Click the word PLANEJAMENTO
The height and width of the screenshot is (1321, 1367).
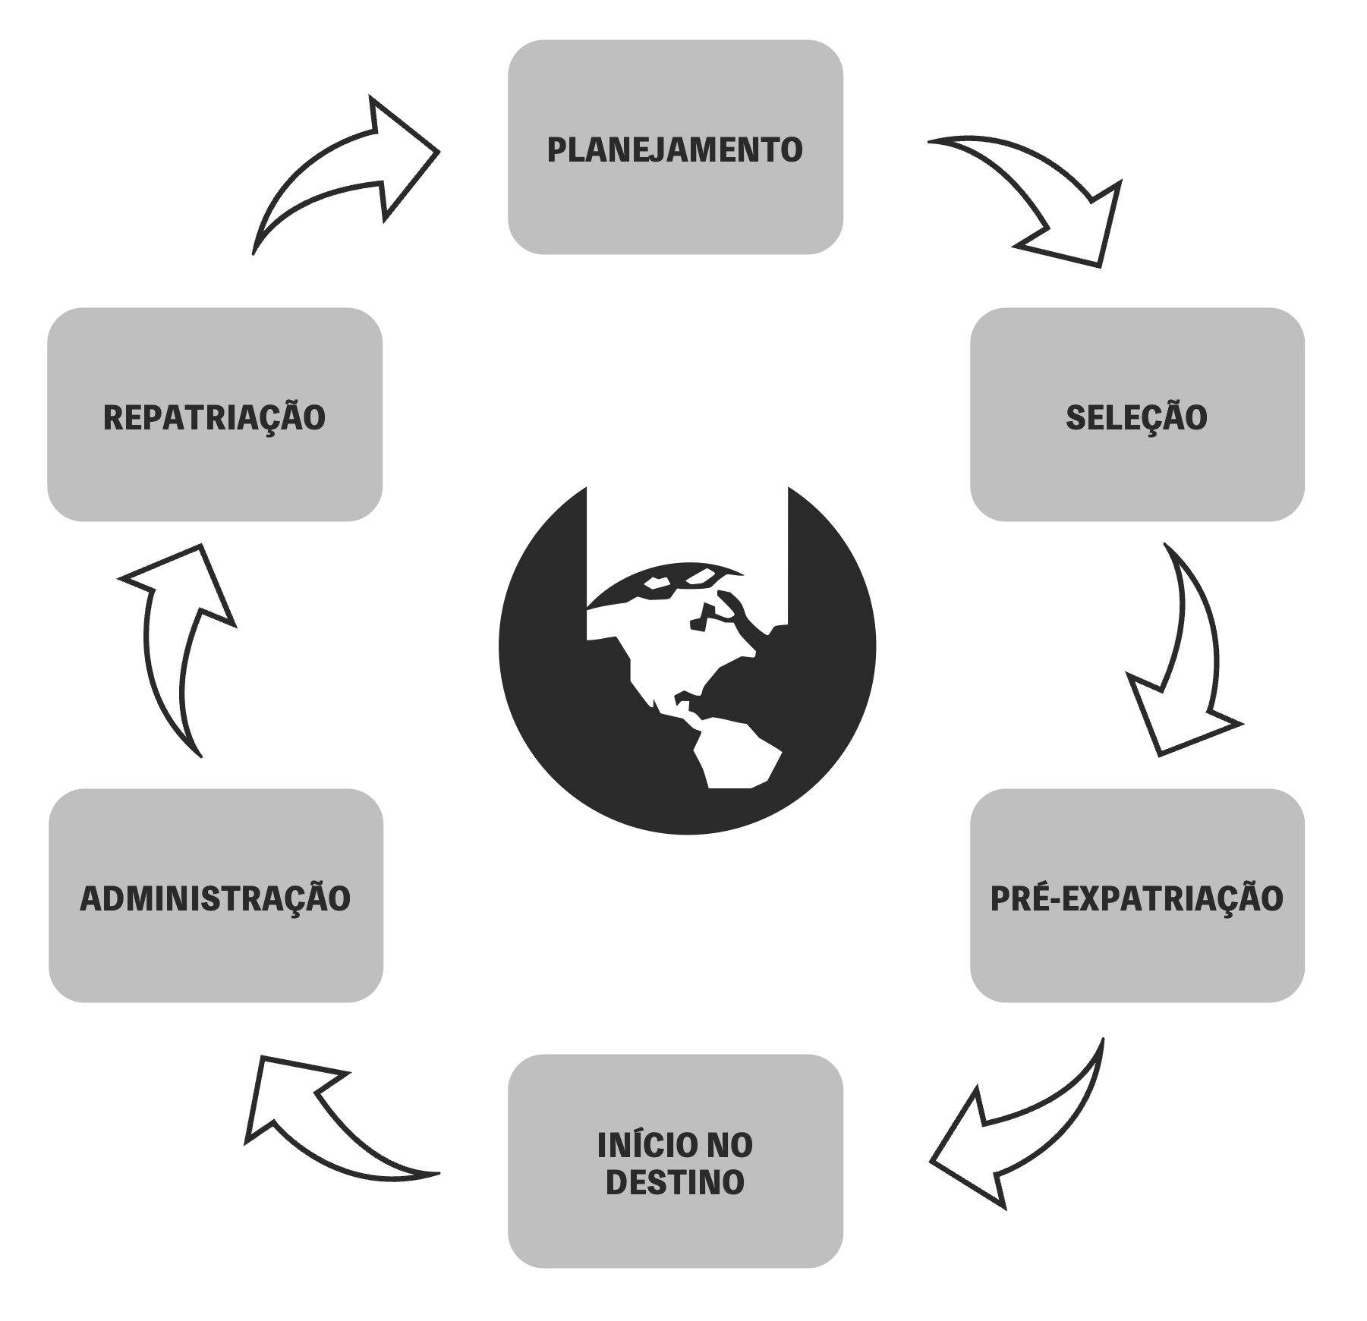(675, 149)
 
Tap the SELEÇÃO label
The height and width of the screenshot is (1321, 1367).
(1136, 417)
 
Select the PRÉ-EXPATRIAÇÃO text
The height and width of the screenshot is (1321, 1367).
(1136, 898)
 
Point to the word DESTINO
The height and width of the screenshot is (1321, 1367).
(675, 1183)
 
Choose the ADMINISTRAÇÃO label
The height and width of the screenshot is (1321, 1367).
(216, 898)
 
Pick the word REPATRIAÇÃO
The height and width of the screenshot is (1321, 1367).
(215, 417)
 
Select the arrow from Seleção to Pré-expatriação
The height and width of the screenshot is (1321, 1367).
(1184, 660)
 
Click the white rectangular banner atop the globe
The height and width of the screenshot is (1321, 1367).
(687, 531)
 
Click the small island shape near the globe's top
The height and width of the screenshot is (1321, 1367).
(657, 582)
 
